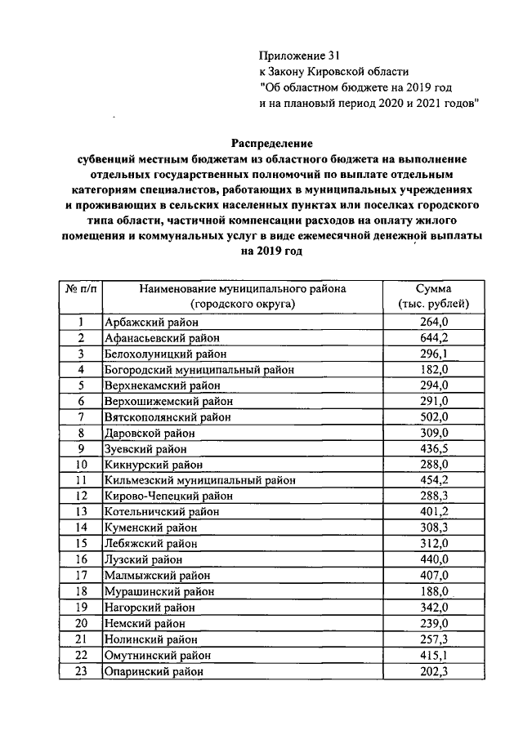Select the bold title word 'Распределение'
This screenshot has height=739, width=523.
270,142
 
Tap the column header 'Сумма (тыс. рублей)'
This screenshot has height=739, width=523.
433,296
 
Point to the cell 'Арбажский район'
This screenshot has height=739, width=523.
151,323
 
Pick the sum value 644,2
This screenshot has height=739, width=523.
433,338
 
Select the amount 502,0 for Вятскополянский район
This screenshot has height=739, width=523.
433,416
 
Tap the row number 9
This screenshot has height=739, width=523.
81,448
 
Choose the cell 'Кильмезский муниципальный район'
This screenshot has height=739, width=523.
200,480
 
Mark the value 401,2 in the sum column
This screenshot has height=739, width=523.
433,512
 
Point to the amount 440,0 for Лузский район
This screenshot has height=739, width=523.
433,559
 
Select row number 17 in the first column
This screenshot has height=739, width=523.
81,576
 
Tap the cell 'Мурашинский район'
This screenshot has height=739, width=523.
159,591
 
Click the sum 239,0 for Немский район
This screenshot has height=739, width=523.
433,623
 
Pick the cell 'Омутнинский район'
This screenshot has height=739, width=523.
158,655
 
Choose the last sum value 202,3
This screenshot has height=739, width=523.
433,671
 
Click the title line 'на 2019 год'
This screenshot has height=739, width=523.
270,252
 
